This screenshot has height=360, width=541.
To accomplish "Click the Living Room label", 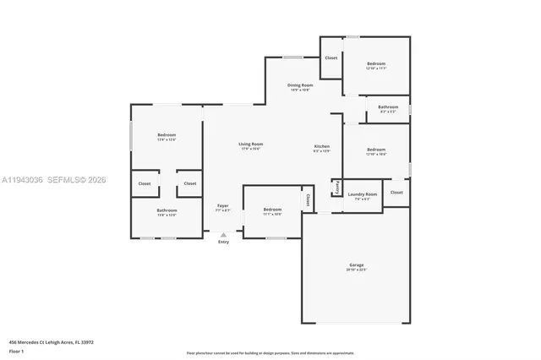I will coord(250,145).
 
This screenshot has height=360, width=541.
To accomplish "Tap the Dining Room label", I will coord(300,85).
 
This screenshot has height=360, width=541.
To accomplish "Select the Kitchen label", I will coord(322,146).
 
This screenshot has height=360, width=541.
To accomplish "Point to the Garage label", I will coord(355,265).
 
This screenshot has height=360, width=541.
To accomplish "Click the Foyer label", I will coord(223,205).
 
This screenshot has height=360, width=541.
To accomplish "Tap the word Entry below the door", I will coord(223,243).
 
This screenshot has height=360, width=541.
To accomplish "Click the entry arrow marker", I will coord(223,235).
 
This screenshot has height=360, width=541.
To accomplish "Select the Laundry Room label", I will coord(362,194).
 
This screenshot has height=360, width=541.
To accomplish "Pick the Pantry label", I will coord(337,187).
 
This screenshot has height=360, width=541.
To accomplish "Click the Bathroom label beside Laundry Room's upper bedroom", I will coord(388,107).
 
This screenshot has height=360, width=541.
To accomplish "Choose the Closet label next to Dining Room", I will coord(331,58).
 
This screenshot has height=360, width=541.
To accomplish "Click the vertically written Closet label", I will coord(308,200).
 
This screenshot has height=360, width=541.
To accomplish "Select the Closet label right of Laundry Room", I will coord(396,193).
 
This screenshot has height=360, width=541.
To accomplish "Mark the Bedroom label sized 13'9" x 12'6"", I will coord(167,135).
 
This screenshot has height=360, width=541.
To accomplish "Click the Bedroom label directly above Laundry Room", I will coord(376,150).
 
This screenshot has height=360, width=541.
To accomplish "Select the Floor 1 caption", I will coord(16,351).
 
